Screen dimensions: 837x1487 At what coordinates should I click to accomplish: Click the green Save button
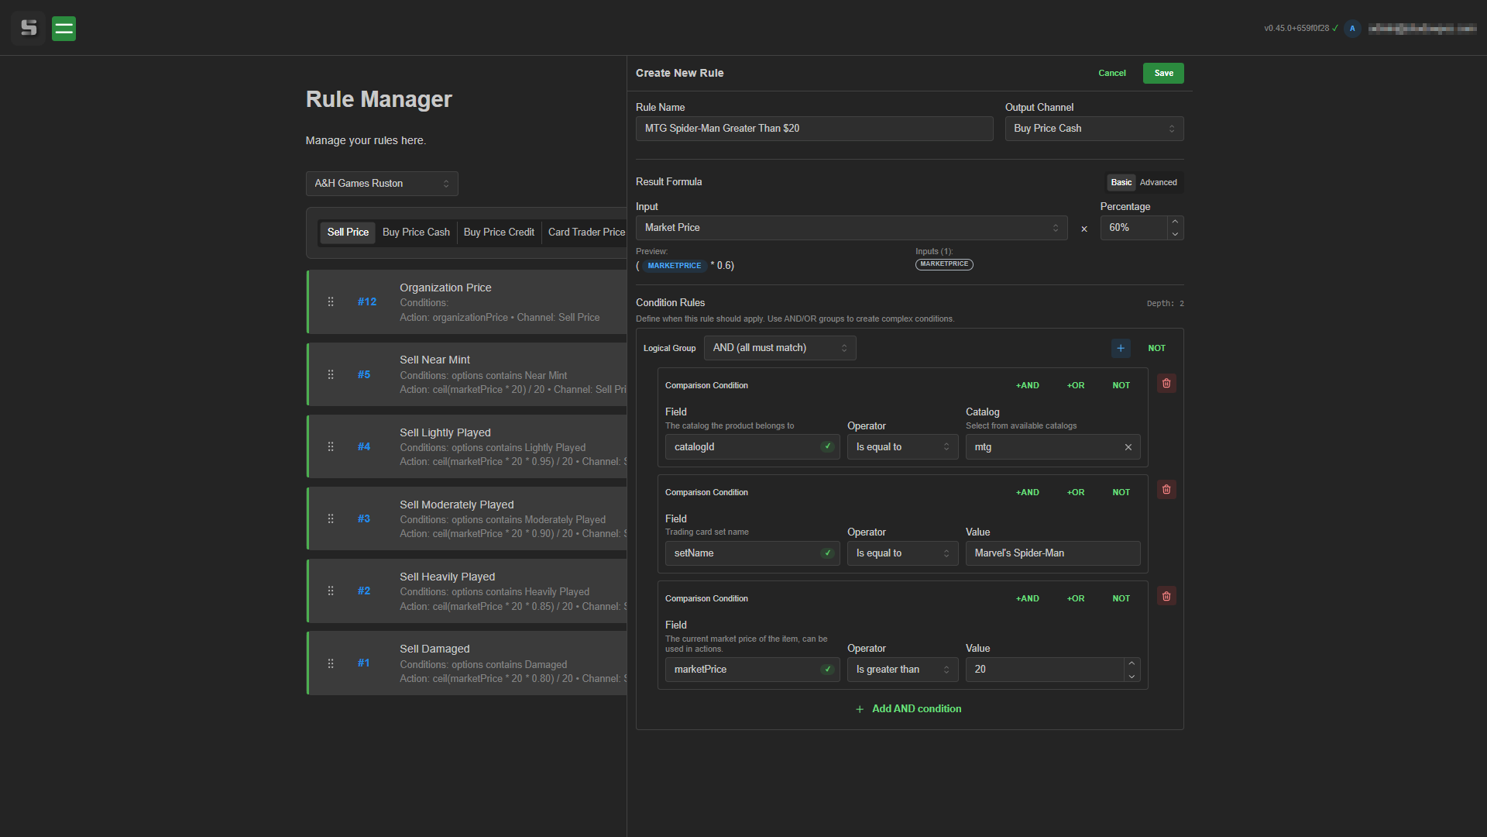1162,73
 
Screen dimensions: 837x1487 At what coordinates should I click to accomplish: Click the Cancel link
1111,73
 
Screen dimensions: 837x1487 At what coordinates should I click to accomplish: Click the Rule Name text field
813,129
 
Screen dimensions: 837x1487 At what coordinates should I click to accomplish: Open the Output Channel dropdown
1094,129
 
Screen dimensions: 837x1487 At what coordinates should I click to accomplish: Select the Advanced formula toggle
1158,183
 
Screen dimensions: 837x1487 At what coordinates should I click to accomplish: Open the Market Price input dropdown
850,228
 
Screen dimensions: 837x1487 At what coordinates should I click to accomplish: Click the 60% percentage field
1134,228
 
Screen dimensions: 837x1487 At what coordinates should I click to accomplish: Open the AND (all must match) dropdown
779,348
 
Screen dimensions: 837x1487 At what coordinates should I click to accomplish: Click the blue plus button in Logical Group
1120,348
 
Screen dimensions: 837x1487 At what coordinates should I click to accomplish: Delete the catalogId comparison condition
1166,384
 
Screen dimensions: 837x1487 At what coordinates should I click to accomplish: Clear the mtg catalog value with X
1128,447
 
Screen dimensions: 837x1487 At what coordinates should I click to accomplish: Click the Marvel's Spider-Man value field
1052,553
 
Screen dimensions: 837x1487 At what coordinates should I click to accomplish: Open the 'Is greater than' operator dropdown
901,670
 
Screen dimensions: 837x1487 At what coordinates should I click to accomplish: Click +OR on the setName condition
1075,492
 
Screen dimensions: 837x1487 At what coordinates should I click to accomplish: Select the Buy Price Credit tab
499,232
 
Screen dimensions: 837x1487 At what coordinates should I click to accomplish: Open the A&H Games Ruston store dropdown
381,184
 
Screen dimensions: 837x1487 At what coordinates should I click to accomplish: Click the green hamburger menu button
64,29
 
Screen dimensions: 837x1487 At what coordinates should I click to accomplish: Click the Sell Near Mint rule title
434,360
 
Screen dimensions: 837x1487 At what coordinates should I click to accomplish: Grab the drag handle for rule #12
331,302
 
